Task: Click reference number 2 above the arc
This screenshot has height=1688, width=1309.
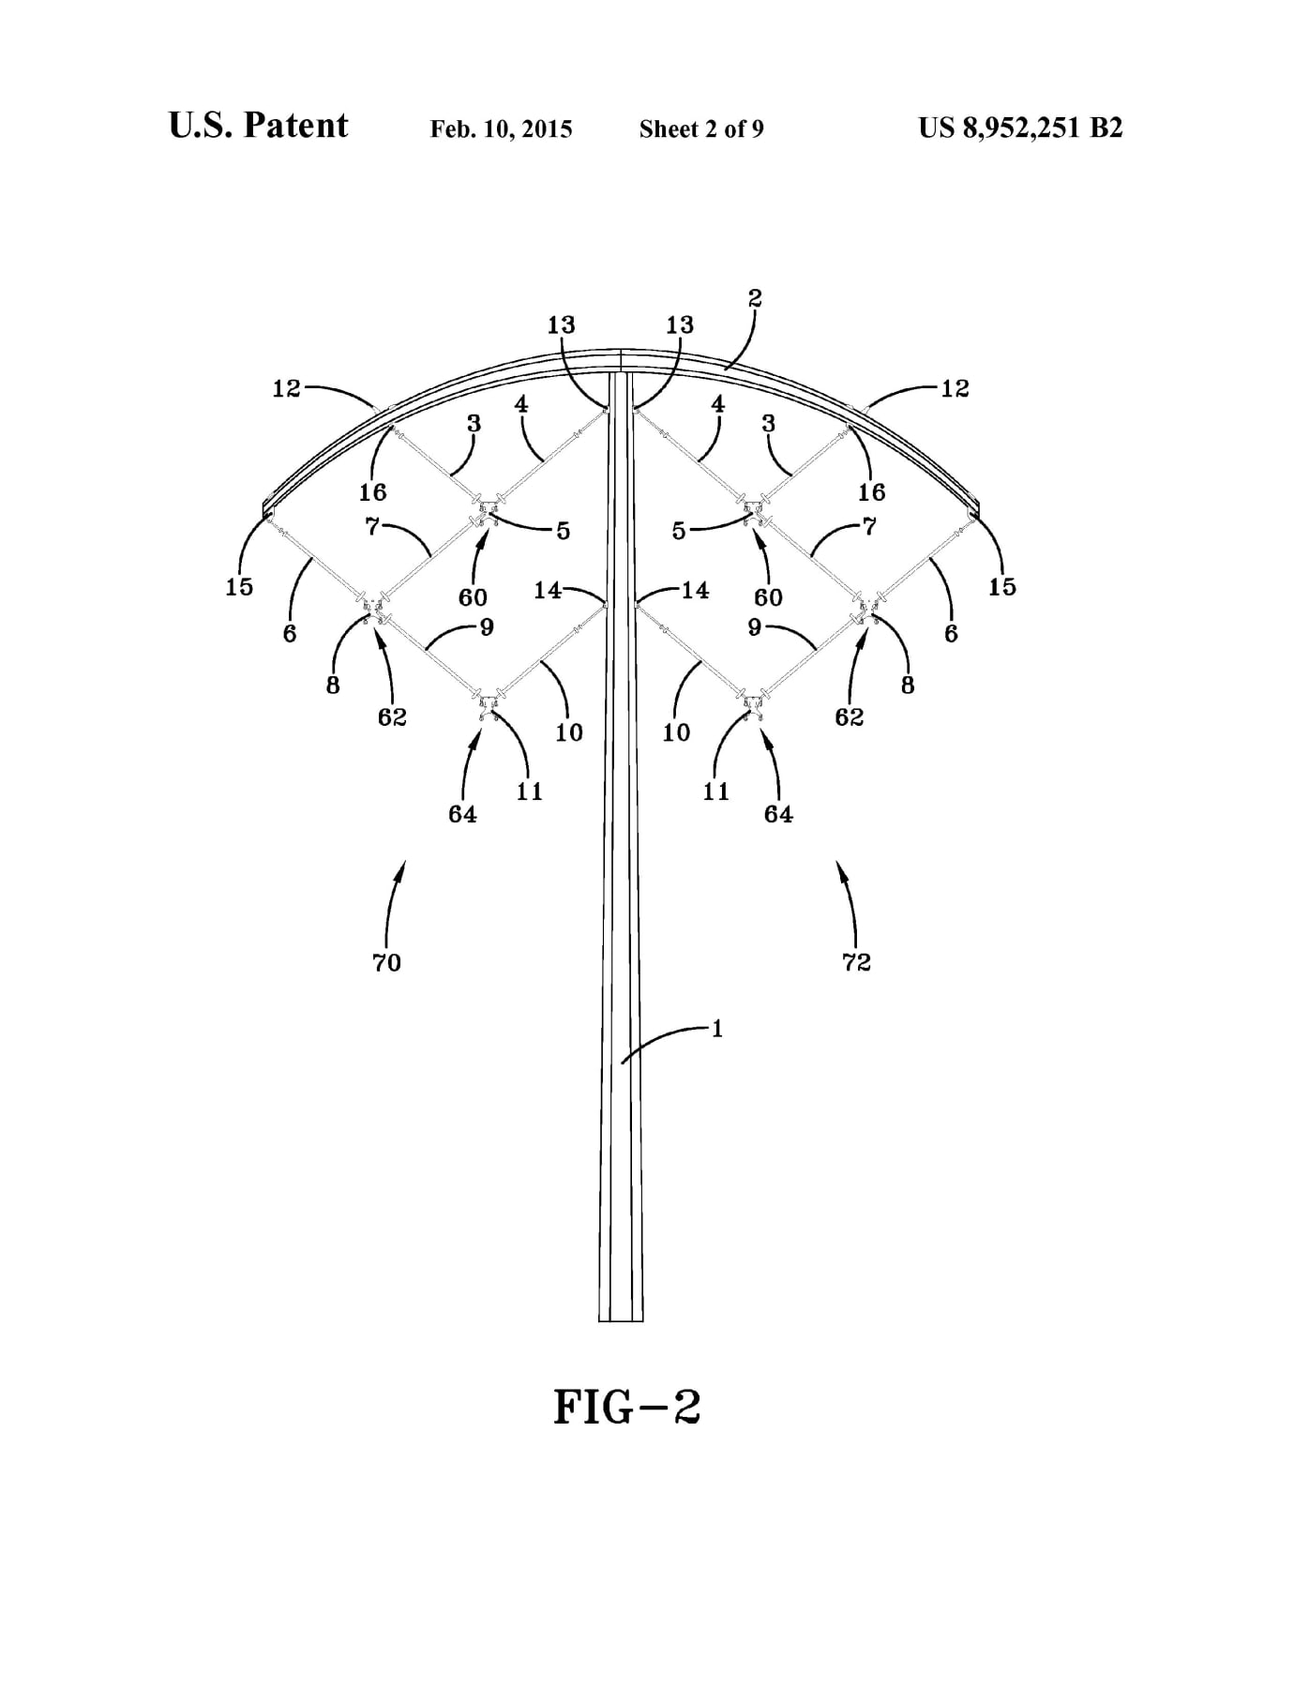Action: [755, 298]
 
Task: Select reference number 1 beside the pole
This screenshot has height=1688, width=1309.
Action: [717, 1029]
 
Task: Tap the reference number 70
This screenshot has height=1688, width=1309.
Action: [386, 962]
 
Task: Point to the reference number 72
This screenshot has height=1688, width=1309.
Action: [857, 962]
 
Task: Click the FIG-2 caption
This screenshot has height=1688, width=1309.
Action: [627, 1407]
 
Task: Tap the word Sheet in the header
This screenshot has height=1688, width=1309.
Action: [670, 128]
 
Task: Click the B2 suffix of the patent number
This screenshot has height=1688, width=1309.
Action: [1106, 128]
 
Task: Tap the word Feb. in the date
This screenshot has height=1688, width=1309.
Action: [451, 128]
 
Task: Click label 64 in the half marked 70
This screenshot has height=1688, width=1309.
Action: [462, 814]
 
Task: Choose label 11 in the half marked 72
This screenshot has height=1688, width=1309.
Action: [715, 791]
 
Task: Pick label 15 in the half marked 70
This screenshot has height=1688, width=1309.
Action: [239, 587]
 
